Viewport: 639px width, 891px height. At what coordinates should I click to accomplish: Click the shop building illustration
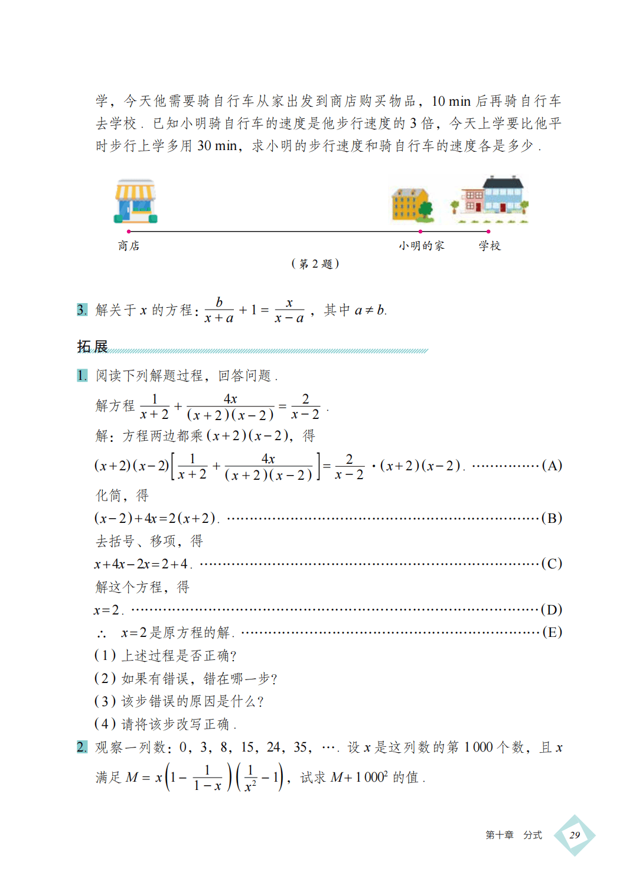tap(136, 201)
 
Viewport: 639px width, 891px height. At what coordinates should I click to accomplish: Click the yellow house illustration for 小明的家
tap(412, 204)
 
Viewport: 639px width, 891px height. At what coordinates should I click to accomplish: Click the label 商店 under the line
tap(129, 246)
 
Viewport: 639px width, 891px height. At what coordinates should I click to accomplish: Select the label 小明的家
tap(421, 246)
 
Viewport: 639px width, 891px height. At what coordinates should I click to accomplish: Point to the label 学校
tap(490, 246)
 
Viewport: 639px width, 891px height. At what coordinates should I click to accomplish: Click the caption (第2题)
tap(315, 264)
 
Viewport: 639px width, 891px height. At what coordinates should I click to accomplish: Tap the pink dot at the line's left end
tap(129, 232)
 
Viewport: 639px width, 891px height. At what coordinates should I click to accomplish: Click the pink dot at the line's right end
tap(488, 232)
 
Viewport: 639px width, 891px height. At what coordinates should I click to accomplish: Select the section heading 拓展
tap(93, 346)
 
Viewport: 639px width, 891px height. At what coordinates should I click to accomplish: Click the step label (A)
tap(552, 466)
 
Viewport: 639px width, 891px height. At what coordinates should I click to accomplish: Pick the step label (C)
tap(552, 564)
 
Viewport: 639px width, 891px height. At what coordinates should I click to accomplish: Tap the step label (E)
tap(552, 632)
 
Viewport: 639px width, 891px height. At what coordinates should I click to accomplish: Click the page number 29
tap(575, 835)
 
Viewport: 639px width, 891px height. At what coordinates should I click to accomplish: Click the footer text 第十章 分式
tap(513, 835)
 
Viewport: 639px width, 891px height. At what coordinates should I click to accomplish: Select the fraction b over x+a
tap(219, 310)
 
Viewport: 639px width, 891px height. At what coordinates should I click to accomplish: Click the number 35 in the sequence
tap(301, 747)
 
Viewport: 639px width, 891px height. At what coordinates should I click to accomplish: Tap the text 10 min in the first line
tap(451, 102)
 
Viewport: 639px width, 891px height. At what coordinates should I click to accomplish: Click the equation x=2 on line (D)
tap(107, 610)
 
